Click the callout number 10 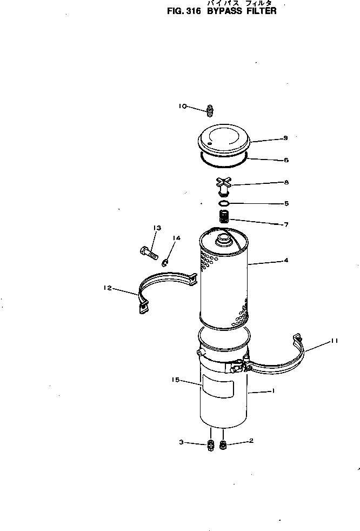pyautogui.click(x=183, y=107)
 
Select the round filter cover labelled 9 pyautogui.click(x=225, y=138)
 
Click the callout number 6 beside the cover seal pyautogui.click(x=286, y=160)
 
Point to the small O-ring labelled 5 pyautogui.click(x=224, y=204)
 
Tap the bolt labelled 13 pyautogui.click(x=148, y=251)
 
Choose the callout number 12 pyautogui.click(x=107, y=288)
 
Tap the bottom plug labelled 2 pyautogui.click(x=223, y=446)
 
